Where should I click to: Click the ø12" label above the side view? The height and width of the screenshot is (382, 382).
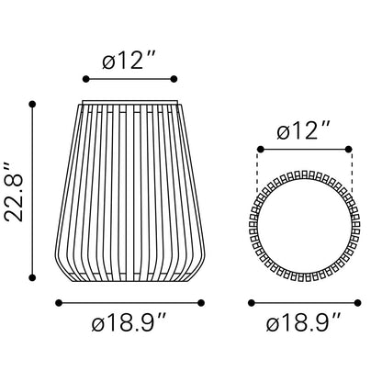pos(129,60)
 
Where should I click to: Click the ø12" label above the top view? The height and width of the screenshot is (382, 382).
pos(304,130)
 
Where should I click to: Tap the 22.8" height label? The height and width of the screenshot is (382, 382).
pos(14,193)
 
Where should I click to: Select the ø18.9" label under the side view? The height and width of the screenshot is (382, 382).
pos(129,322)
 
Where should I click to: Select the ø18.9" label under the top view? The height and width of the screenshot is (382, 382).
pos(303,322)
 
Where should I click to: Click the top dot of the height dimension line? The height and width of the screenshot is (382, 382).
pos(32,105)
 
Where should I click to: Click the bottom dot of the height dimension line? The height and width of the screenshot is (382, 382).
pos(32,277)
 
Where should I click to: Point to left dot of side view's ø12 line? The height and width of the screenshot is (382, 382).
pos(86,79)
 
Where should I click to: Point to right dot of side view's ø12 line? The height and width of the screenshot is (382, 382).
pos(174,79)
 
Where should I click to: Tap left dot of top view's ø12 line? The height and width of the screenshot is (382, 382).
pos(261,150)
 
